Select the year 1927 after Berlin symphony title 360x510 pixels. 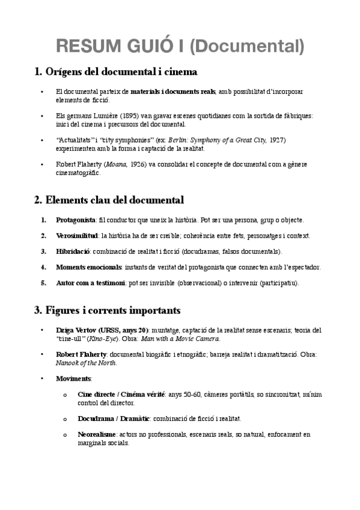tap(276, 140)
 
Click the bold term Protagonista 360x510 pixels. tap(75, 220)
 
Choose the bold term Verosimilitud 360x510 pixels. tap(76, 235)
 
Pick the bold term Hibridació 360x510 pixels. tap(72, 251)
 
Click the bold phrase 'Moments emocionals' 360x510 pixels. tap(89, 266)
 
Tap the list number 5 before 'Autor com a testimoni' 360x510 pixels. tap(43, 282)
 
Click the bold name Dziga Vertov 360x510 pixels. tap(76, 330)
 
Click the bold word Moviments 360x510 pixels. tap(73, 378)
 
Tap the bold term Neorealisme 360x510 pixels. tap(99, 434)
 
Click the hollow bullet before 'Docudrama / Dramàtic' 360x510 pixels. tap(65, 418)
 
